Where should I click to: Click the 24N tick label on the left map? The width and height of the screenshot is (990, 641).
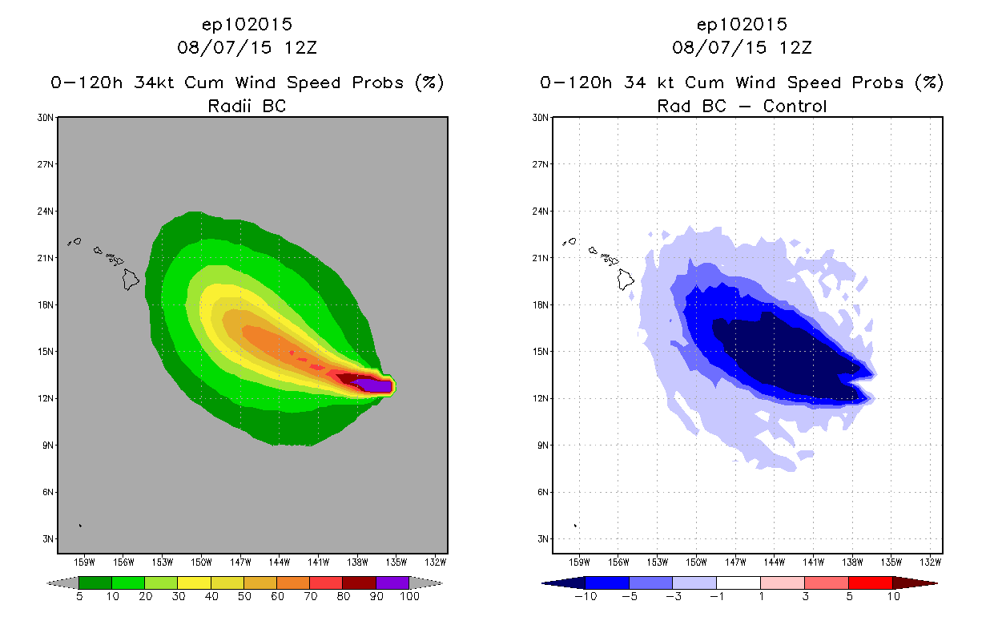click(x=47, y=211)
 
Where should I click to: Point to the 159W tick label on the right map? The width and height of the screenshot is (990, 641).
click(x=580, y=561)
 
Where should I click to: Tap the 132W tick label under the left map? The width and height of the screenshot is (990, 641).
click(x=436, y=561)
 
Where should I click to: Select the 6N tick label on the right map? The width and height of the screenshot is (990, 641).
click(x=542, y=492)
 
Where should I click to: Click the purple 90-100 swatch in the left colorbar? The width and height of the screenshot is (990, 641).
click(x=392, y=583)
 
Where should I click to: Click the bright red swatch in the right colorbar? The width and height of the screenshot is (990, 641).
click(x=870, y=583)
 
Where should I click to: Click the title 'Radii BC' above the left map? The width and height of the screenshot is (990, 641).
click(x=247, y=105)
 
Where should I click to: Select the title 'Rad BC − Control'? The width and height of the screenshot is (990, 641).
click(x=742, y=105)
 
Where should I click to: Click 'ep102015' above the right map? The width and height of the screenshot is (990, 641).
click(x=742, y=24)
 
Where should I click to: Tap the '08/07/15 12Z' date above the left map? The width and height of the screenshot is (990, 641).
click(x=247, y=47)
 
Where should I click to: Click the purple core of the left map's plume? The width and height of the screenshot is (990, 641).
click(x=375, y=386)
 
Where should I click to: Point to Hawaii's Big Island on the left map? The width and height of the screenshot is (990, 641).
click(x=131, y=279)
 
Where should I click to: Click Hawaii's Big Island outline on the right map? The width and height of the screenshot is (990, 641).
click(x=626, y=279)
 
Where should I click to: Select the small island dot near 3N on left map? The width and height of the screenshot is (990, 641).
click(x=80, y=526)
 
